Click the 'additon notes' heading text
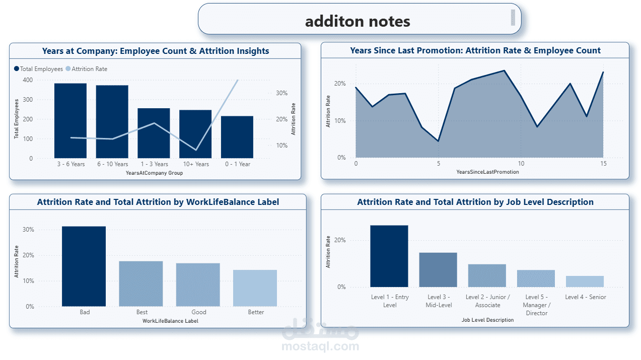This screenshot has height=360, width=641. (x=358, y=21)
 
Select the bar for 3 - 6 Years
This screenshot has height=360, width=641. (x=70, y=121)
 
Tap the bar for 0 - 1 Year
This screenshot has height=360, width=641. (x=237, y=137)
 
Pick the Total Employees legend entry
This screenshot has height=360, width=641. (x=39, y=69)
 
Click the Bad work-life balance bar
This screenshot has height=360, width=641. (x=84, y=266)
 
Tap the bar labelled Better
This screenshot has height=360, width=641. (x=255, y=288)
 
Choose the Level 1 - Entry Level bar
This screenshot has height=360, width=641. (x=389, y=256)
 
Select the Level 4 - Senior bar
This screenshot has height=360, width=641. (x=584, y=281)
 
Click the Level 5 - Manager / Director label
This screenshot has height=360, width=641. (x=536, y=305)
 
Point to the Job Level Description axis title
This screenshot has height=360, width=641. (x=487, y=320)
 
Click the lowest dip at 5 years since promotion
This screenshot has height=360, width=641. (x=438, y=141)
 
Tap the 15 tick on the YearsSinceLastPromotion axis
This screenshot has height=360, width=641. (x=603, y=164)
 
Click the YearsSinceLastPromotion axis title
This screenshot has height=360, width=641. (x=487, y=172)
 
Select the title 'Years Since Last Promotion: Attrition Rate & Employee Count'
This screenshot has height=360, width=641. (x=475, y=50)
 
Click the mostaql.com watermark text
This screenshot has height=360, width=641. (x=320, y=346)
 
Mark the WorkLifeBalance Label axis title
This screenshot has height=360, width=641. (x=170, y=321)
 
